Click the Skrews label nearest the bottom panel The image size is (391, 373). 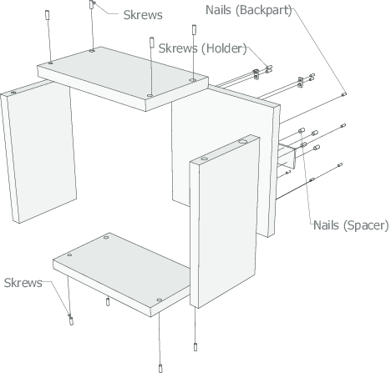coord(23,283)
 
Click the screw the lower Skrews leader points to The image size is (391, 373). coord(71,318)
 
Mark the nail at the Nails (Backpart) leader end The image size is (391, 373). coord(344,97)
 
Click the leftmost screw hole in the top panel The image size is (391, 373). coord(52,62)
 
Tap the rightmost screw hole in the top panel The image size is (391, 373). coord(193,81)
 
